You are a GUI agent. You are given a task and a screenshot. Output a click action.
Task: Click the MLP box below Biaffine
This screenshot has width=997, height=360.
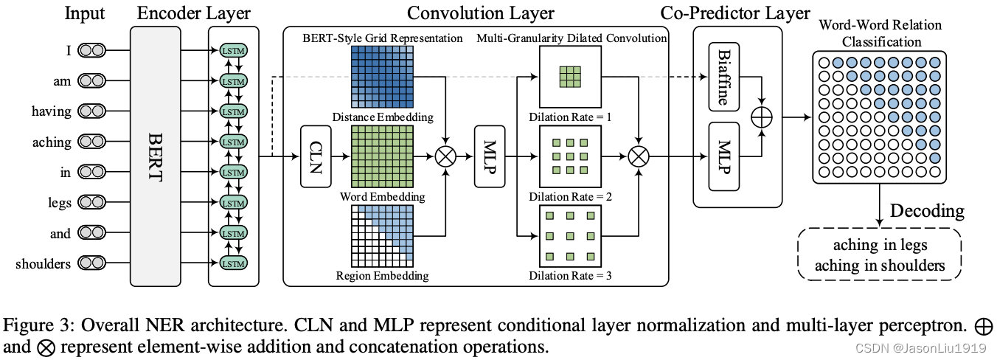click(723, 157)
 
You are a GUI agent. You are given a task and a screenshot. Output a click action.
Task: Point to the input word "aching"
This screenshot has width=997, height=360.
click(52, 142)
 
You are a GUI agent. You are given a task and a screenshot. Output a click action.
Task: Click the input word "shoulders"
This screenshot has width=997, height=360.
click(44, 263)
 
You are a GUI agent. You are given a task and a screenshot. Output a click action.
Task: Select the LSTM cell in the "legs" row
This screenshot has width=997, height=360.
click(233, 203)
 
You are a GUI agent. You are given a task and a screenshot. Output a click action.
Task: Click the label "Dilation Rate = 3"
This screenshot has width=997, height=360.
click(570, 277)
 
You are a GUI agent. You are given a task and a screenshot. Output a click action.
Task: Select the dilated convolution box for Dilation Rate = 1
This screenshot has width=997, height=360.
click(569, 78)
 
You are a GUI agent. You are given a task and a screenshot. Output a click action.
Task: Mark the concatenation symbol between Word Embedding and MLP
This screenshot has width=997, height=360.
click(446, 156)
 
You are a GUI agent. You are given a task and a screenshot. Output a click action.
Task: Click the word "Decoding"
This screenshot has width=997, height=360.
click(926, 211)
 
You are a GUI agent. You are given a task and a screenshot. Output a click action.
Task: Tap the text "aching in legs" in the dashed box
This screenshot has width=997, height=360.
click(880, 246)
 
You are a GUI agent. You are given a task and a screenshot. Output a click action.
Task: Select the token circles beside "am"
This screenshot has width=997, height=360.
click(92, 81)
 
